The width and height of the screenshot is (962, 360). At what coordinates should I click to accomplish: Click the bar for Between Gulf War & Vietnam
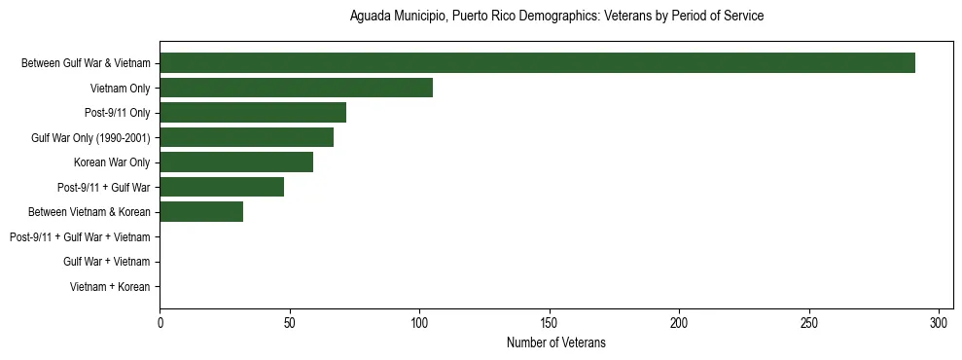click(537, 63)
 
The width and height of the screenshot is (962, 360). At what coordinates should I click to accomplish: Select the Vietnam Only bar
click(296, 88)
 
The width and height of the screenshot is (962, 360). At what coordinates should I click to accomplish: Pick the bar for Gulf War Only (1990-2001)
click(246, 137)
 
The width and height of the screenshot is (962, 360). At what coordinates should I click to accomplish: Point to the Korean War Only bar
click(236, 162)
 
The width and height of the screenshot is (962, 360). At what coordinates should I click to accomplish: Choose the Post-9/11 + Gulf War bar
click(222, 187)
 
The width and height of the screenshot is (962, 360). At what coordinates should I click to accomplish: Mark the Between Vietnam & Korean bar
click(201, 211)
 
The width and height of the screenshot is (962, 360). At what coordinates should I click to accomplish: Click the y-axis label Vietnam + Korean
click(110, 287)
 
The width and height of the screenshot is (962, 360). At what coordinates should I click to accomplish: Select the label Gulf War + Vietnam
click(107, 262)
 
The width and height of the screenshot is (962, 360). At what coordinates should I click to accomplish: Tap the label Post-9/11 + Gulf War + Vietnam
click(80, 236)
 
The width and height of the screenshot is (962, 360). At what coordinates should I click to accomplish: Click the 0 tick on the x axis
click(160, 323)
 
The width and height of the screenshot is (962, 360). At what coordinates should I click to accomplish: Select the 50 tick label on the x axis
click(289, 323)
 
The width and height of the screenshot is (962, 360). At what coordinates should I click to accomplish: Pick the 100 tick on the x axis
click(419, 323)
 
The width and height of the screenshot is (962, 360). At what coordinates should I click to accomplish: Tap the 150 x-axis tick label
click(550, 323)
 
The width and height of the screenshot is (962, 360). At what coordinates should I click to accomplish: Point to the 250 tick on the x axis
click(809, 323)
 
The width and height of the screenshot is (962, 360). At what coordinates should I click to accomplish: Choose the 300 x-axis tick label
click(939, 323)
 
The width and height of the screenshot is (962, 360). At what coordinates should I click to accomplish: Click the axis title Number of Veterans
click(555, 342)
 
